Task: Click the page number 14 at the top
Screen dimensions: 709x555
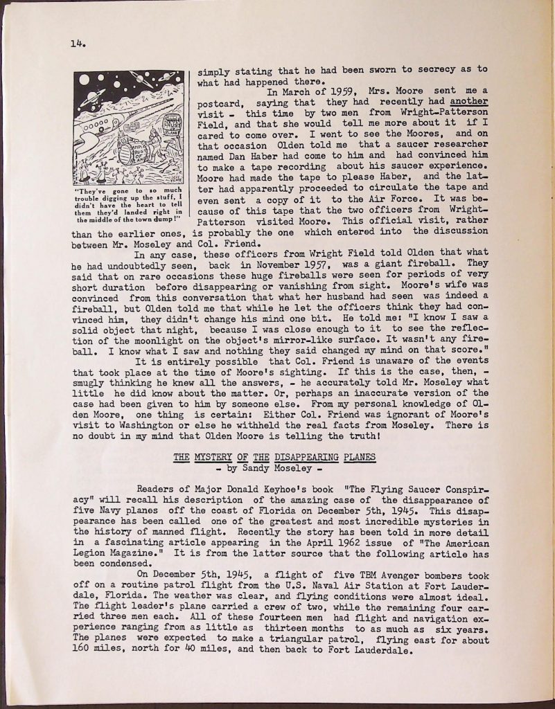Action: [76, 44]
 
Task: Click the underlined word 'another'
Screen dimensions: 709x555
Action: [468, 102]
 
